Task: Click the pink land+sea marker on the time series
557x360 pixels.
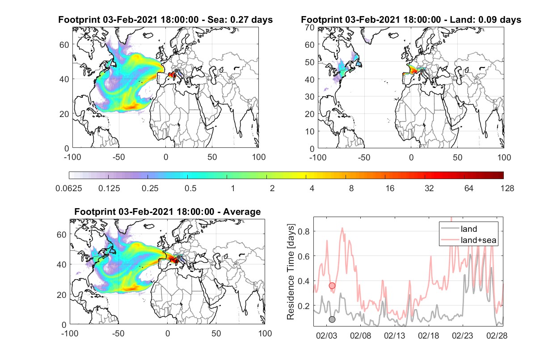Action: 332,286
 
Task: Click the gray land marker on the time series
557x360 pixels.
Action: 332,319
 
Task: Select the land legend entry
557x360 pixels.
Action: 469,229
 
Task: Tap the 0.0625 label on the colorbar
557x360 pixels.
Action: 69,188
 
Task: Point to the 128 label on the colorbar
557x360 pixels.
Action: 507,188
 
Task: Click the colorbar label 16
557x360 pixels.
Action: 390,188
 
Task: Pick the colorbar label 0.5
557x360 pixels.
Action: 190,188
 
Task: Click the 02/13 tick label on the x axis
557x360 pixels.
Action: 394,335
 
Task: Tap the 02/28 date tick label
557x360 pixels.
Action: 497,335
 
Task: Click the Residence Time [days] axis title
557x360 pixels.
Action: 291,272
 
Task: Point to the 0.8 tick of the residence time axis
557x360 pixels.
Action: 304,231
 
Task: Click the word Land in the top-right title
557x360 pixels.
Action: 461,20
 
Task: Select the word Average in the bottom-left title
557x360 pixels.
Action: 242,212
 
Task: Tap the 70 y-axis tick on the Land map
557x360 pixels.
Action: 310,27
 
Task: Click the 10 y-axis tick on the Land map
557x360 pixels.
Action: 310,131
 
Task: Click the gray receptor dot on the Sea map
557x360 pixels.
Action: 176,71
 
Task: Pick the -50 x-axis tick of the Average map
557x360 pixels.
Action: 118,333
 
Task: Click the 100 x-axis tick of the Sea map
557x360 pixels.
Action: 258,157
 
